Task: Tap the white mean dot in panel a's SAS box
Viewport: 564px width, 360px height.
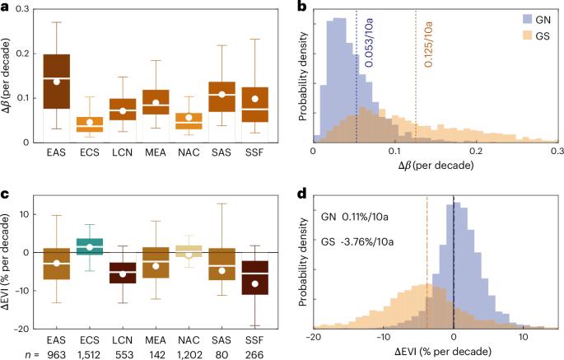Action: pyautogui.click(x=221, y=94)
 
